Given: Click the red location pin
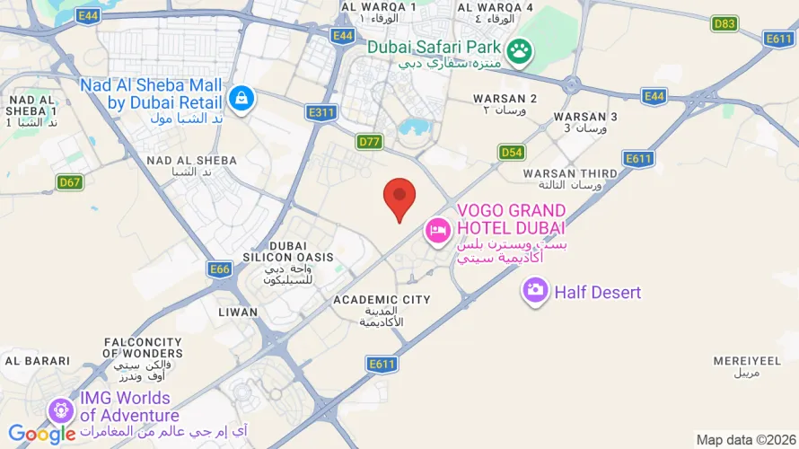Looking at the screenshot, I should (x=399, y=198).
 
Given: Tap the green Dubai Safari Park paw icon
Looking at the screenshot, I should (x=519, y=52).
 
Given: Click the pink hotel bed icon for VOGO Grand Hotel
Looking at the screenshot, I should (x=437, y=230).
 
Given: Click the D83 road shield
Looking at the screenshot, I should (x=724, y=23).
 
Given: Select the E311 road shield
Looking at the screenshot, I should (x=320, y=112).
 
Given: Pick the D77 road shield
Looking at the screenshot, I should (x=370, y=141).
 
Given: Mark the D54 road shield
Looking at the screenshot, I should (x=512, y=152).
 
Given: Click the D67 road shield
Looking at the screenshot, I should (x=70, y=182).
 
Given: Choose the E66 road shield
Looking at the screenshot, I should (x=220, y=269).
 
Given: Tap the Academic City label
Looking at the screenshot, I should (x=382, y=300).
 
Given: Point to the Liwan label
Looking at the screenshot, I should (x=238, y=312).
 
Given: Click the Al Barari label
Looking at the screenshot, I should (x=37, y=360).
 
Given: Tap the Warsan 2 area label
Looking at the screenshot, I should (x=505, y=99).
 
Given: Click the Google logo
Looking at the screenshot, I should (x=41, y=434).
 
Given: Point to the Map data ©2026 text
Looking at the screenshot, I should (x=744, y=439).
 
